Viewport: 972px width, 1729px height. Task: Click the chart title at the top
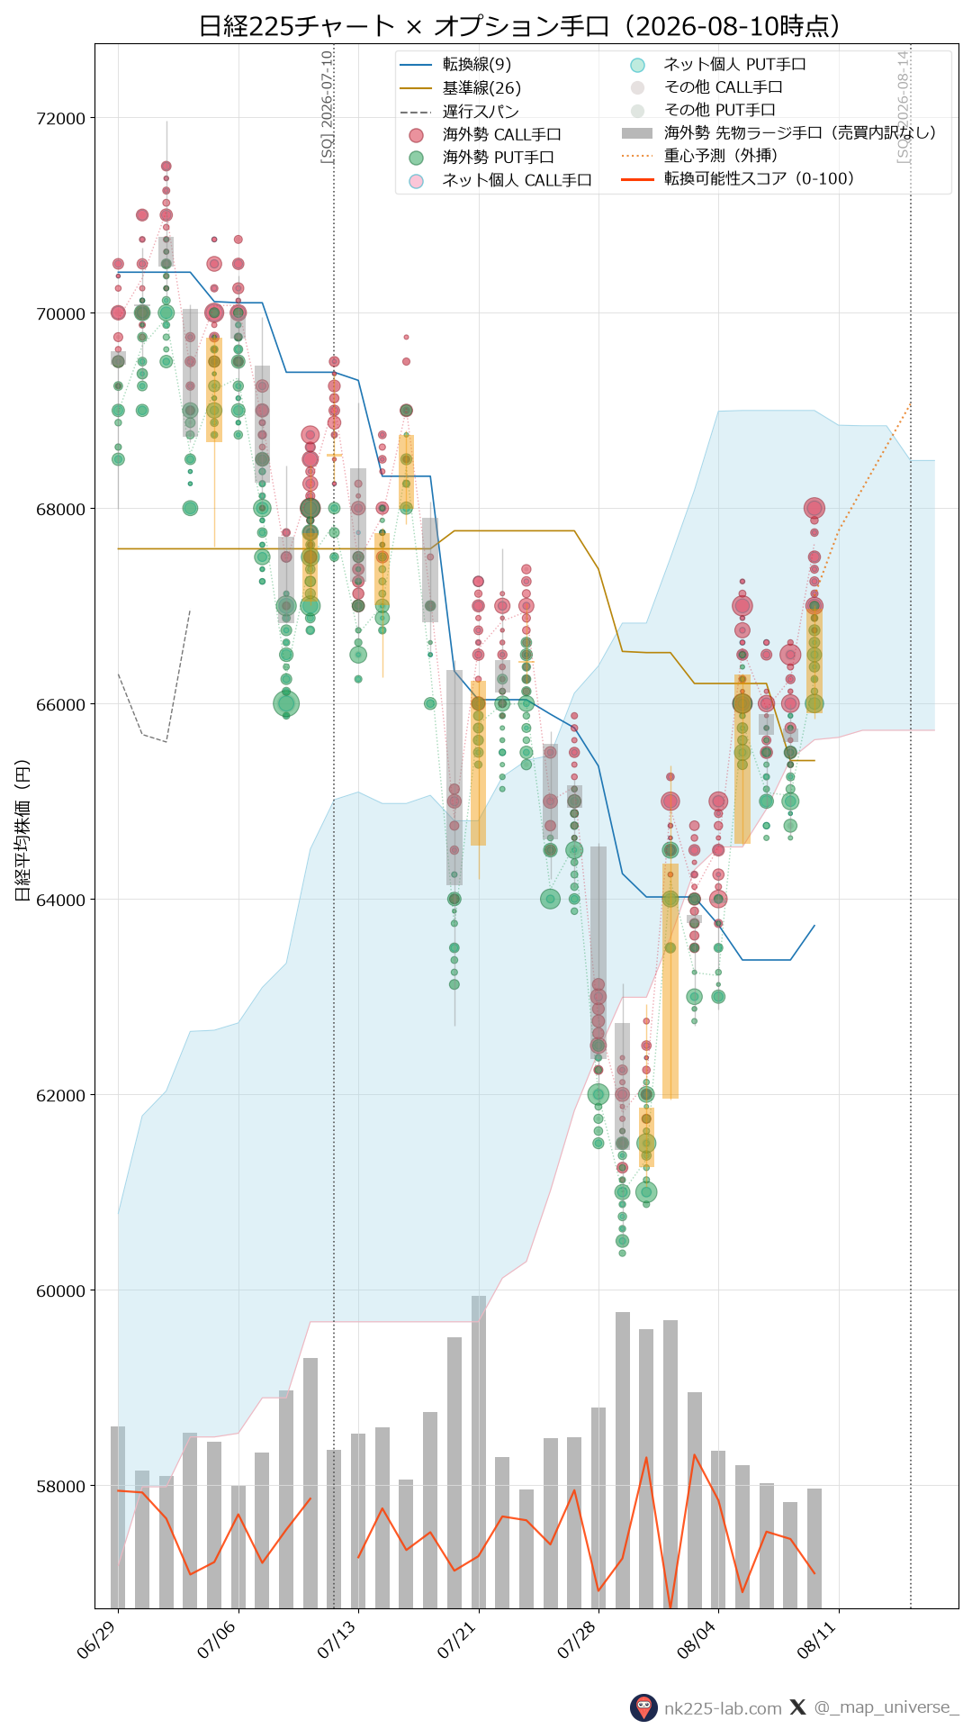click(x=519, y=25)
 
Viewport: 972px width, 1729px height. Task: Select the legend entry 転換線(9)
click(x=477, y=65)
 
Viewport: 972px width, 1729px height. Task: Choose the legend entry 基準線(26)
click(x=481, y=88)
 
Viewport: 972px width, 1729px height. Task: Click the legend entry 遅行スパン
click(x=481, y=112)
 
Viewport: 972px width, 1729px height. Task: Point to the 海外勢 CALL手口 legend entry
click(x=501, y=135)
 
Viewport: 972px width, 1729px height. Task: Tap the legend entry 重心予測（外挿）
click(x=720, y=156)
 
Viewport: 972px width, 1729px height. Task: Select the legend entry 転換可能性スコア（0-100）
click(x=759, y=179)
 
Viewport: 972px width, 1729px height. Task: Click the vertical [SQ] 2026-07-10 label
click(x=328, y=106)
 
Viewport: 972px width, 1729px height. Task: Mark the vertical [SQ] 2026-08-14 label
click(x=904, y=106)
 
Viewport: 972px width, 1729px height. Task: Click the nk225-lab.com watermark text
click(x=723, y=1708)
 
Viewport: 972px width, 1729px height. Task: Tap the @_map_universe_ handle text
click(x=886, y=1707)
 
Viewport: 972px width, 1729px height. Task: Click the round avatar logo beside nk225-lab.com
click(x=643, y=1707)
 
